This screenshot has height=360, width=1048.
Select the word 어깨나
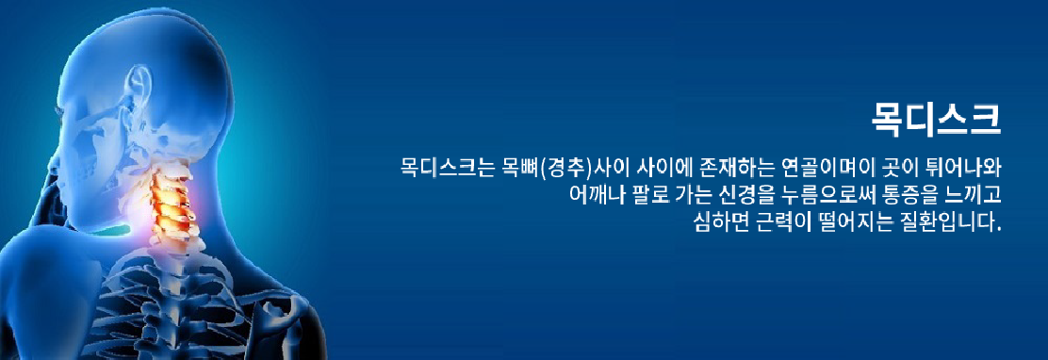(593, 193)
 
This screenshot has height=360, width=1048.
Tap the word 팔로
(645, 193)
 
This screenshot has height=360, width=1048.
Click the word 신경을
(742, 193)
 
